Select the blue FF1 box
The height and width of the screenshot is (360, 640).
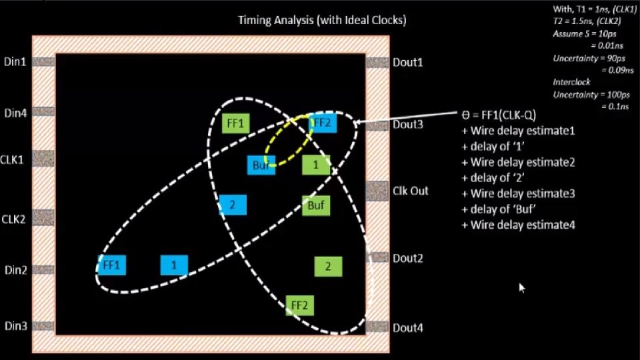(x=111, y=265)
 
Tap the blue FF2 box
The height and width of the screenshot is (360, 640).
(x=321, y=123)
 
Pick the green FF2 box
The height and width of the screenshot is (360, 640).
(x=299, y=305)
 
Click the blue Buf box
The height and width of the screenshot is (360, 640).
(x=260, y=165)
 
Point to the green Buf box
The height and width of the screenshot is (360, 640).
(x=316, y=205)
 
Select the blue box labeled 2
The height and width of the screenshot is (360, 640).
(x=233, y=205)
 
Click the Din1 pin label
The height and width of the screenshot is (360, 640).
(x=15, y=62)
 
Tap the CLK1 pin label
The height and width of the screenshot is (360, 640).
(x=14, y=160)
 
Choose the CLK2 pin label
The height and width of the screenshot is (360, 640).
(x=14, y=218)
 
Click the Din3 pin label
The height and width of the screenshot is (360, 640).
(x=15, y=326)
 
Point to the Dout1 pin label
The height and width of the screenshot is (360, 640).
(x=408, y=62)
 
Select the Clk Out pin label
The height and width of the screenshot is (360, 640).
(x=411, y=191)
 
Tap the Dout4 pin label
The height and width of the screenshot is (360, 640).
(x=408, y=328)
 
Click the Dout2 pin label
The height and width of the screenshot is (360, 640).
(x=408, y=258)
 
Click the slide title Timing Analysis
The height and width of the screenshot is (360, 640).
(x=322, y=20)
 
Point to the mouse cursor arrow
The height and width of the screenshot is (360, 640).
(x=522, y=287)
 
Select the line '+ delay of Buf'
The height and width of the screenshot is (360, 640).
(x=499, y=209)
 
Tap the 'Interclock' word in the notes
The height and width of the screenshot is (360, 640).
(x=571, y=82)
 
